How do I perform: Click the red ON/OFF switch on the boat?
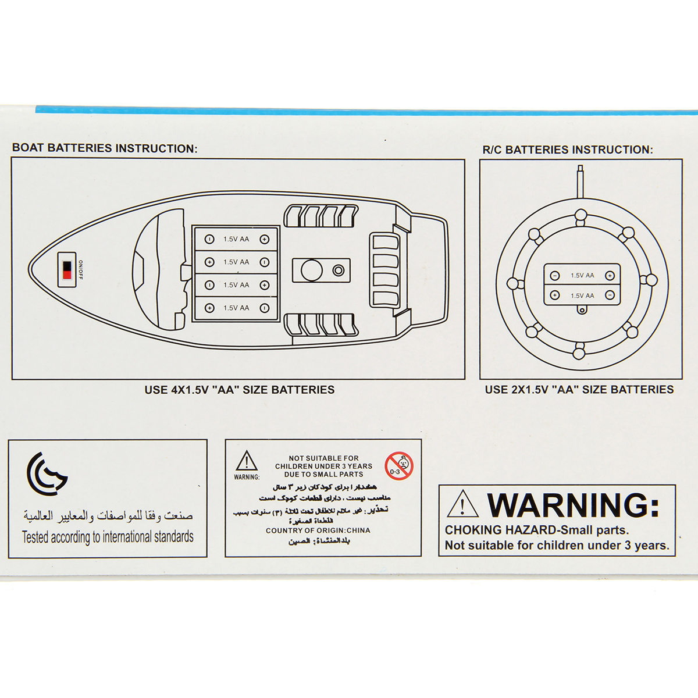(67, 270)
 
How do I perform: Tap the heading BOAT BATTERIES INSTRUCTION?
(105, 148)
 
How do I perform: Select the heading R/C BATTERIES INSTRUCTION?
(568, 149)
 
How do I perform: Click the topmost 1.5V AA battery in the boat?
(236, 239)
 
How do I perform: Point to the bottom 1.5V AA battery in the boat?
(236, 308)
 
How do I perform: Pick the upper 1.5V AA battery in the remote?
(582, 276)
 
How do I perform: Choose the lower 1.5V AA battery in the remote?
(582, 295)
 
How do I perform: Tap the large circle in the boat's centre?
(311, 270)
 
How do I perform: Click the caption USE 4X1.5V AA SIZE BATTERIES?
(240, 390)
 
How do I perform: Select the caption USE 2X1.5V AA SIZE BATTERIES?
(579, 390)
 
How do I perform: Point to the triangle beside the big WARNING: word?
(462, 505)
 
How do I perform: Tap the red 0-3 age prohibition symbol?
(398, 466)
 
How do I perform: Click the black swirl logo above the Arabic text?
(47, 473)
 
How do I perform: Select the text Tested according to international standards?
(108, 537)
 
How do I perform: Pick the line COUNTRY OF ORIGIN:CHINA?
(318, 530)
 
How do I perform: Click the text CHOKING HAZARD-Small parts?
(537, 530)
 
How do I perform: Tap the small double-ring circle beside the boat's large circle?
(338, 270)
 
